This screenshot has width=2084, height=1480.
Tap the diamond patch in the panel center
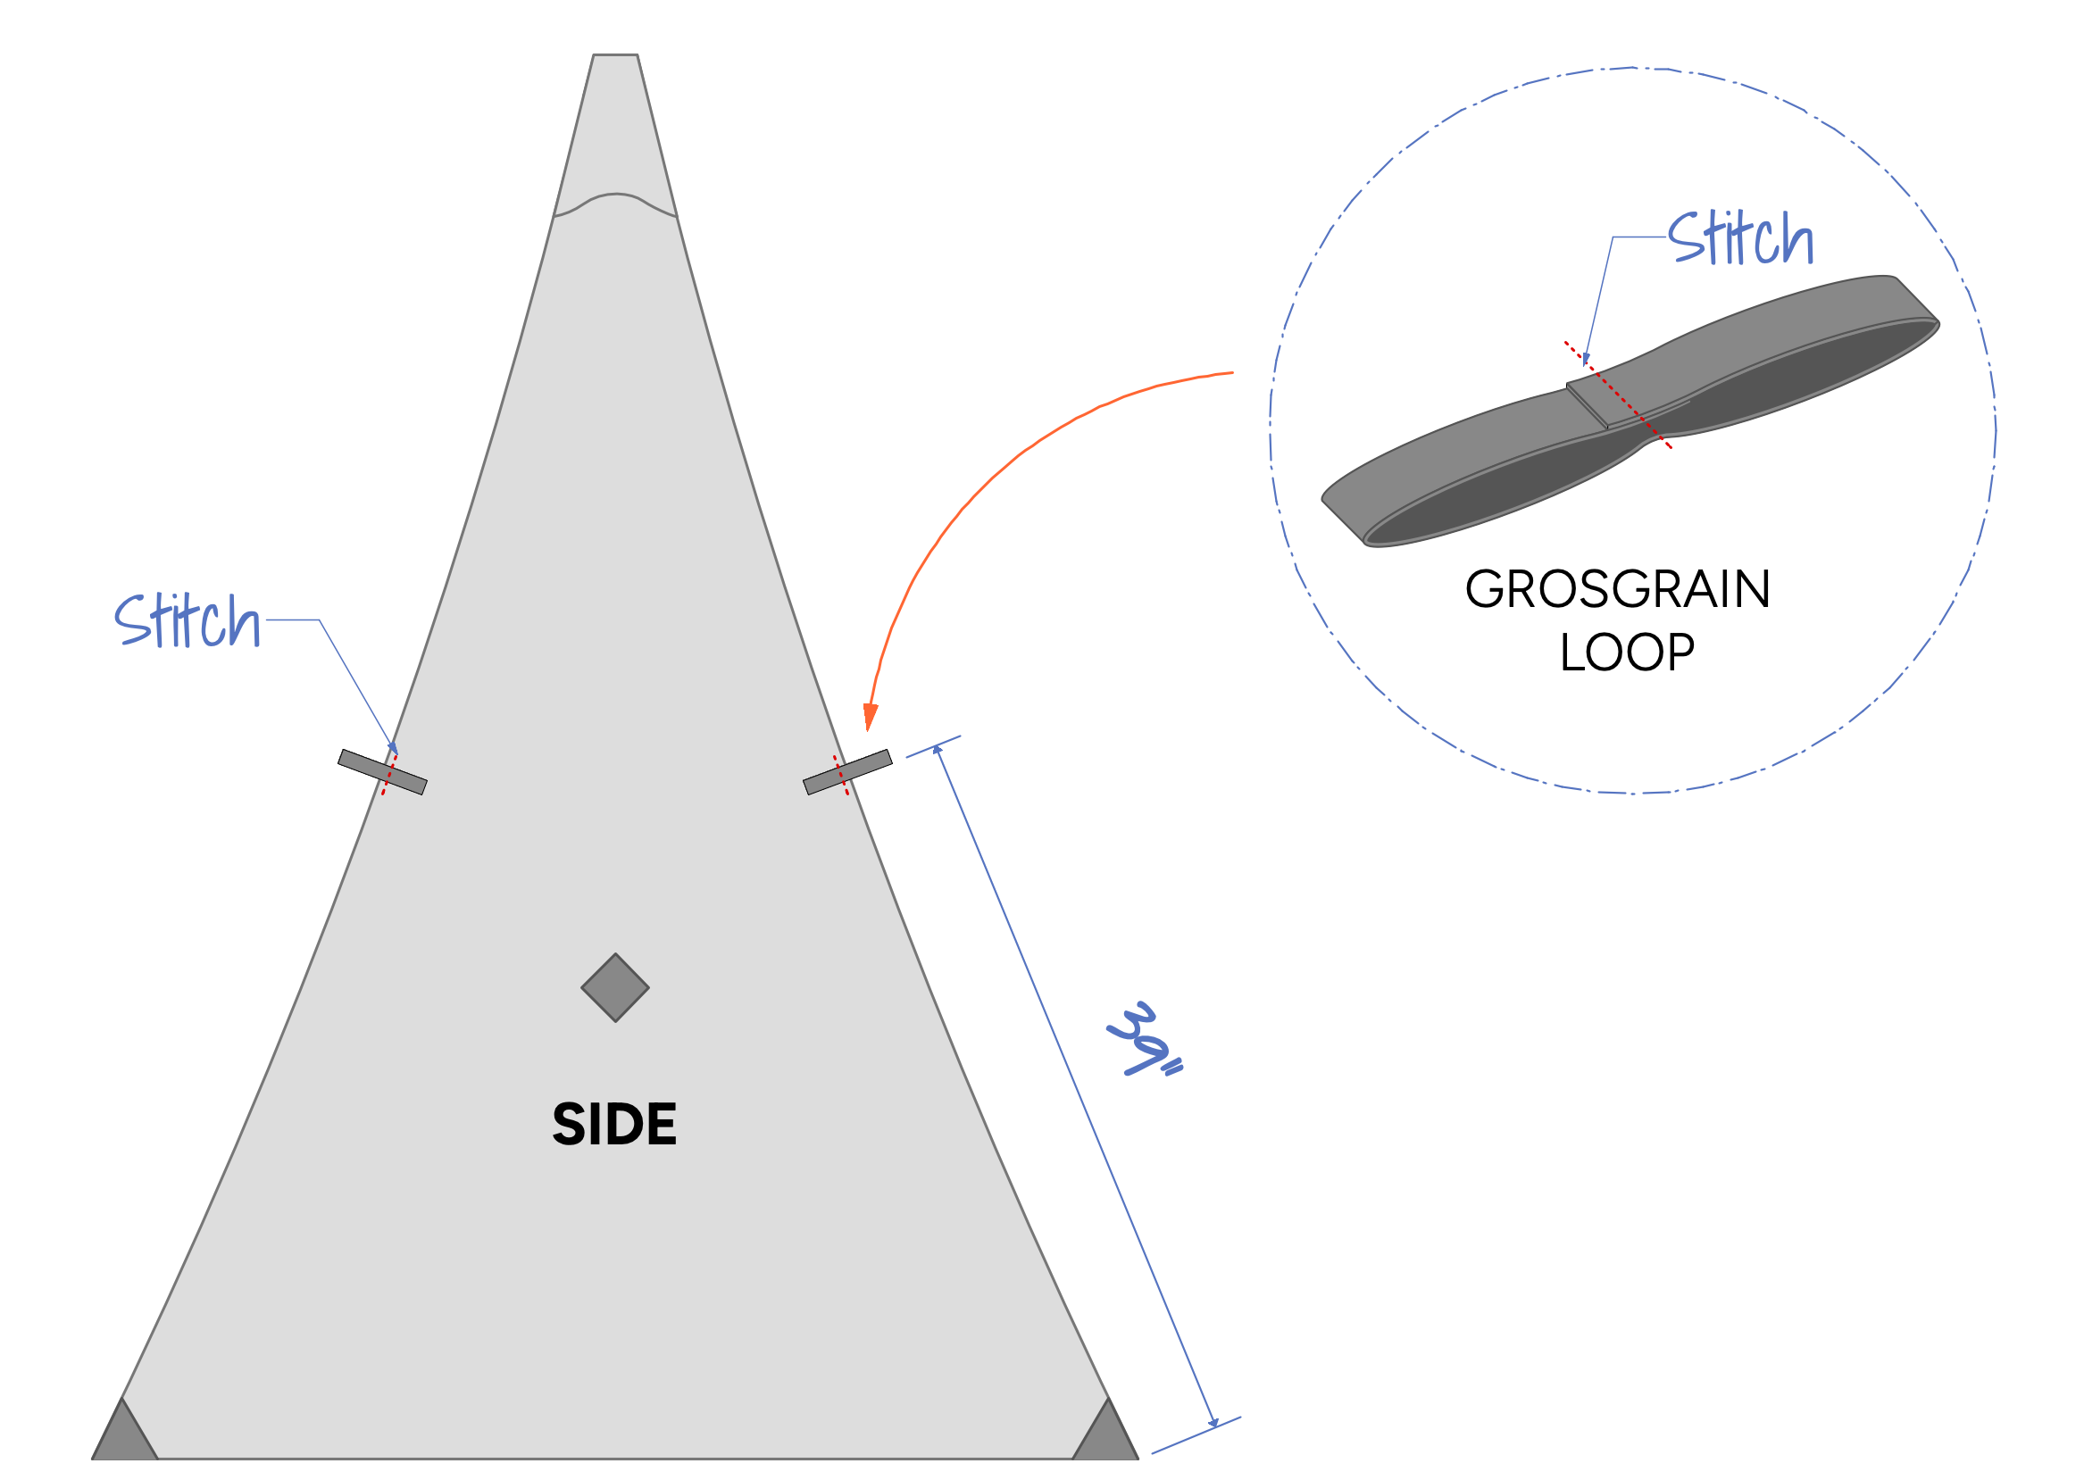[x=614, y=988]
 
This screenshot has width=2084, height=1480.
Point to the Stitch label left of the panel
[x=187, y=620]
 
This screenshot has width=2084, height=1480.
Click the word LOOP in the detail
[x=1626, y=653]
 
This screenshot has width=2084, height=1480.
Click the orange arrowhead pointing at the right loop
[x=870, y=716]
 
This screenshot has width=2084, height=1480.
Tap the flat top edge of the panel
[x=614, y=55]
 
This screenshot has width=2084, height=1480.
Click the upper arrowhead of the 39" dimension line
[x=937, y=749]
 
